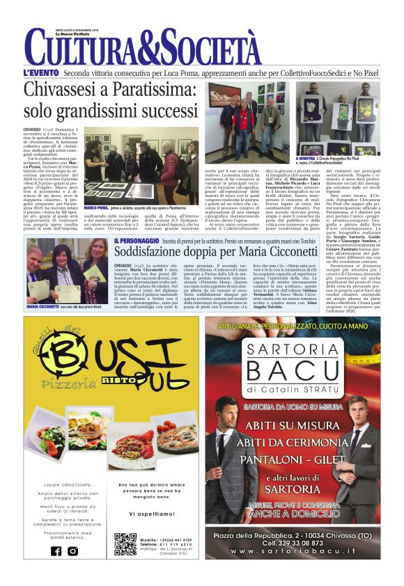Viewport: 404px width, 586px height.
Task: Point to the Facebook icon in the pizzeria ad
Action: tap(56, 551)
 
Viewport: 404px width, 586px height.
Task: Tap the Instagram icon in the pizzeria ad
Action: tap(73, 551)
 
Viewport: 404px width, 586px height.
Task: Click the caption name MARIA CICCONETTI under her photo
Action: tap(43, 307)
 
